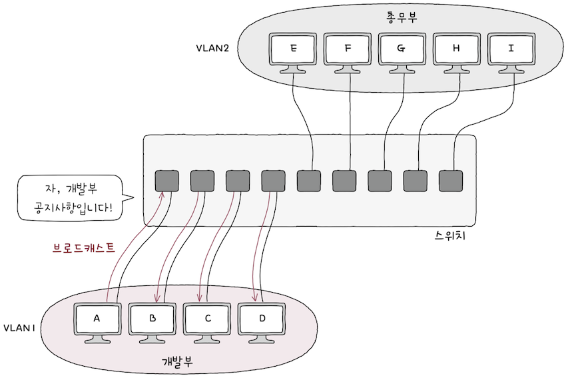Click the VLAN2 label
click(212, 49)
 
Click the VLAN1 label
click(19, 328)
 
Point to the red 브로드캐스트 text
click(83, 248)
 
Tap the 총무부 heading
click(402, 17)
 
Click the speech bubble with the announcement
click(70, 199)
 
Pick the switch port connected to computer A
click(166, 181)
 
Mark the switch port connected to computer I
click(451, 181)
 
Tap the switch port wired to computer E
click(308, 181)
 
